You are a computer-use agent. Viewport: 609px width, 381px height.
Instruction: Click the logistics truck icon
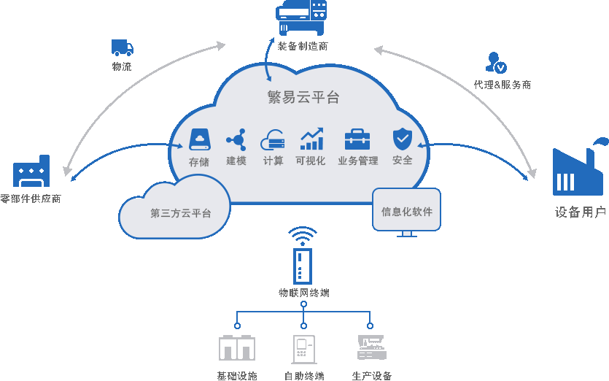[122, 48]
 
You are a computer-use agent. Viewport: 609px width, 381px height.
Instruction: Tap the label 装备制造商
[303, 46]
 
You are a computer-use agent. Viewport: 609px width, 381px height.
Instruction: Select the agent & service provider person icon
[496, 63]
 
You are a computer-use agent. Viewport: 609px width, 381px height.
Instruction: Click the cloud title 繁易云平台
[303, 97]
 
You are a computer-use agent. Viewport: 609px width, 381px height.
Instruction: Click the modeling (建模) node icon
[236, 139]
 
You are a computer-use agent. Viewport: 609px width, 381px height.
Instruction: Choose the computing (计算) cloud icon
[273, 139]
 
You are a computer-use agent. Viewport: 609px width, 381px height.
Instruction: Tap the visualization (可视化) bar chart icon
[311, 139]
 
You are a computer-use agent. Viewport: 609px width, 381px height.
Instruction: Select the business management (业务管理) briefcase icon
[357, 139]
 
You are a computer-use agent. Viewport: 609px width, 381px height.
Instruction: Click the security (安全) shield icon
[403, 138]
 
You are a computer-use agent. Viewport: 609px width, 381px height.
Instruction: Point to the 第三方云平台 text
[181, 213]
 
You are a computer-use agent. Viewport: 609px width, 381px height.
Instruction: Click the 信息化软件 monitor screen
[406, 210]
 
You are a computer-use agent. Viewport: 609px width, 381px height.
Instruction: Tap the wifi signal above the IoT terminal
[303, 235]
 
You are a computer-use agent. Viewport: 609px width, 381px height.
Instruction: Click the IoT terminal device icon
[303, 266]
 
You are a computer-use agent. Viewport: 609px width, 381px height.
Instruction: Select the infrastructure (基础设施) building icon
[237, 347]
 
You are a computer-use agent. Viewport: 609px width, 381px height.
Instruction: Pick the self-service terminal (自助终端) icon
[303, 349]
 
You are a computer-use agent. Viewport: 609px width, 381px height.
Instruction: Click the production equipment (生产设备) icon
[371, 347]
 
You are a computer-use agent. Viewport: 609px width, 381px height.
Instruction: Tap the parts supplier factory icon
[31, 172]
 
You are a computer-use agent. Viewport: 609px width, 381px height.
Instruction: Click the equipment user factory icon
[578, 169]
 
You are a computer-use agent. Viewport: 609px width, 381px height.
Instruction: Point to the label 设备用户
[581, 212]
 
